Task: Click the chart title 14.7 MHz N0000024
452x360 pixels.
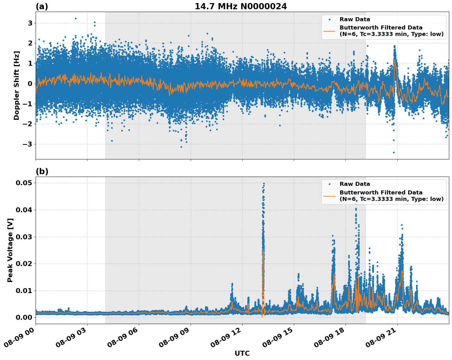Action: coord(241,6)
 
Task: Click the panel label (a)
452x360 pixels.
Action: coord(42,6)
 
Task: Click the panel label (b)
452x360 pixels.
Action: coord(42,171)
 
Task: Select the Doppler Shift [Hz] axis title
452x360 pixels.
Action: coord(17,85)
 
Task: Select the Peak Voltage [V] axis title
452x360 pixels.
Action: coord(10,250)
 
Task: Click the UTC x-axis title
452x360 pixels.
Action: coord(242,353)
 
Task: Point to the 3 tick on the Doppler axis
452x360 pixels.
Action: coord(30,23)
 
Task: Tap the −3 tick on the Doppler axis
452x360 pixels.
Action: coord(28,144)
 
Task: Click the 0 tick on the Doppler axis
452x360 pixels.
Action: coord(30,84)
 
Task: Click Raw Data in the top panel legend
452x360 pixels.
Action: coord(355,19)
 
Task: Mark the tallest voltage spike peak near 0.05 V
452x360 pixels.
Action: coord(264,183)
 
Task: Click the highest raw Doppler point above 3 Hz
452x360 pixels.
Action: coord(76,18)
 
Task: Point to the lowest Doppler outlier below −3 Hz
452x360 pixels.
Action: coord(394,152)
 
